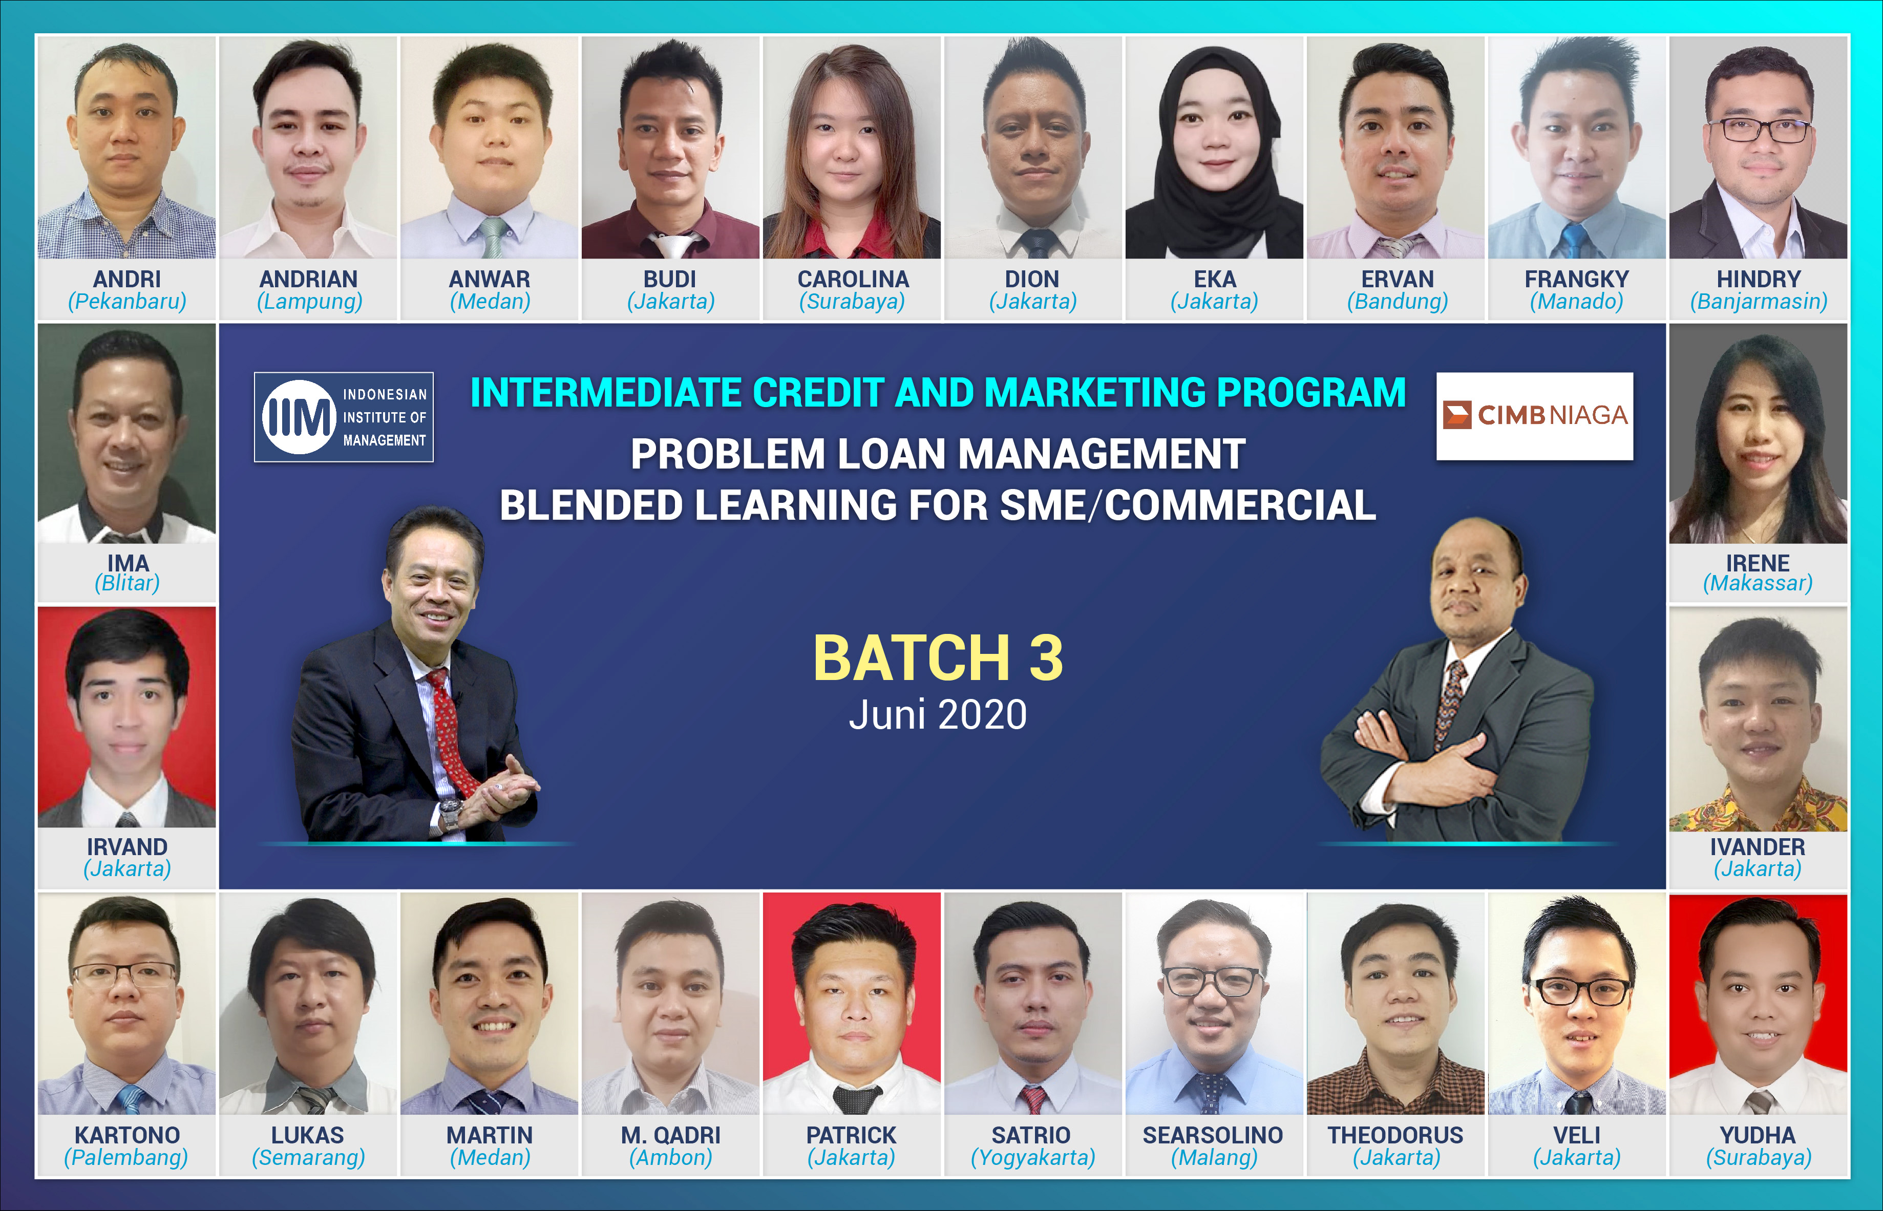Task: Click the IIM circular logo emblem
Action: pos(299,417)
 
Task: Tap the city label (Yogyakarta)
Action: pos(1032,1158)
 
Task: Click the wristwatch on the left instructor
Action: pos(450,812)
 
